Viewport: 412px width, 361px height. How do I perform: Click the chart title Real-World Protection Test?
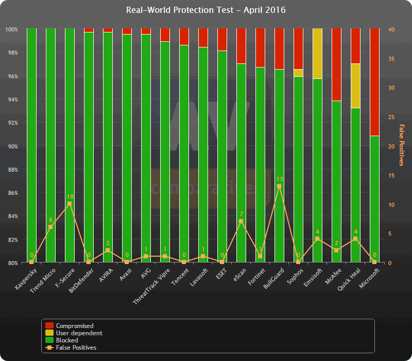[206, 10]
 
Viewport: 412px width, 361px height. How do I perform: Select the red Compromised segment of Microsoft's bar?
[374, 83]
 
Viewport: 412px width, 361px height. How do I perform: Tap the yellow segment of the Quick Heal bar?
[355, 86]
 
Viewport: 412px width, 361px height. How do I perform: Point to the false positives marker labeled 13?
[279, 186]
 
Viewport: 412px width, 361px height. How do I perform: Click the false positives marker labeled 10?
[70, 204]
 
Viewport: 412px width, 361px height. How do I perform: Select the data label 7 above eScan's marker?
[241, 214]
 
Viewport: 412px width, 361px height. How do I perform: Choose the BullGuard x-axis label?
[273, 278]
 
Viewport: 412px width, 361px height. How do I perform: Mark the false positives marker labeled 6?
[50, 227]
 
